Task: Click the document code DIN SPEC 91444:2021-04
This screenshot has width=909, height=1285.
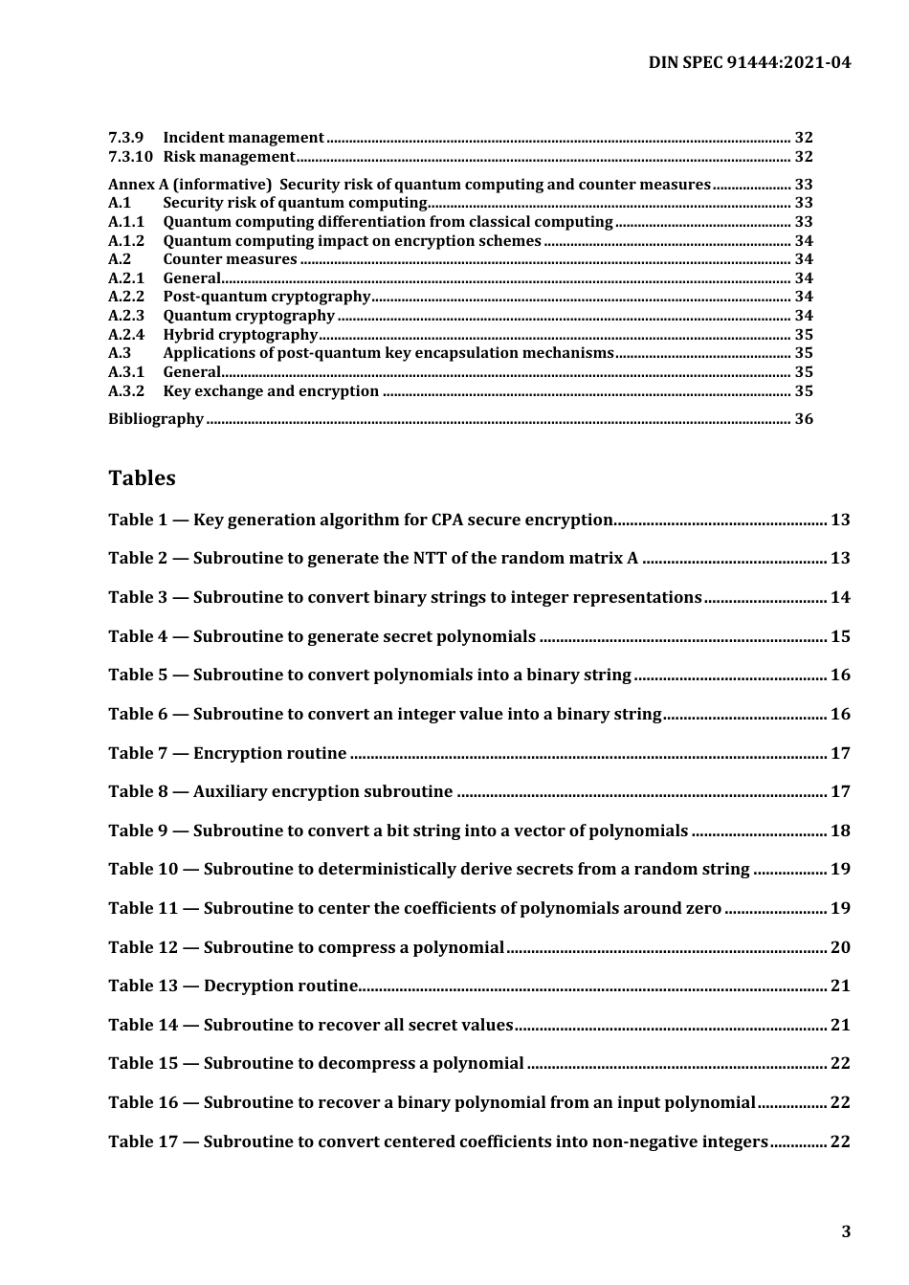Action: coord(748,63)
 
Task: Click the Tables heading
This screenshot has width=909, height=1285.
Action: coord(142,477)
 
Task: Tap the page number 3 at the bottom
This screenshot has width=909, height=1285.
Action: coord(845,1231)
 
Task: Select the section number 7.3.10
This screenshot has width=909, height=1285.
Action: coord(129,157)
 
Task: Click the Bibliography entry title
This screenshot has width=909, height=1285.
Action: coord(156,419)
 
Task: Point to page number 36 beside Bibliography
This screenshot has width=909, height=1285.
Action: coord(804,419)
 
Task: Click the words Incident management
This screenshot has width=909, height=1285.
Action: coord(243,138)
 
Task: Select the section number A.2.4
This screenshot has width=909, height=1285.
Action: coord(126,335)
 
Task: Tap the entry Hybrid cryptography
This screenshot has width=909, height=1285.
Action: coord(240,335)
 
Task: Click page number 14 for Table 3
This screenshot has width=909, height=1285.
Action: coord(840,597)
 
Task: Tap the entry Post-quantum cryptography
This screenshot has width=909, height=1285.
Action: coord(266,297)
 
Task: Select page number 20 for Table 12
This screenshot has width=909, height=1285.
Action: coord(840,947)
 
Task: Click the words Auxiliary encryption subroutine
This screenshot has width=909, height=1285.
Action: coord(322,791)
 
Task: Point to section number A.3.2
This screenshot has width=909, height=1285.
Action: coord(126,391)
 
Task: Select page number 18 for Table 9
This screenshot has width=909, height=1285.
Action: coord(840,831)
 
